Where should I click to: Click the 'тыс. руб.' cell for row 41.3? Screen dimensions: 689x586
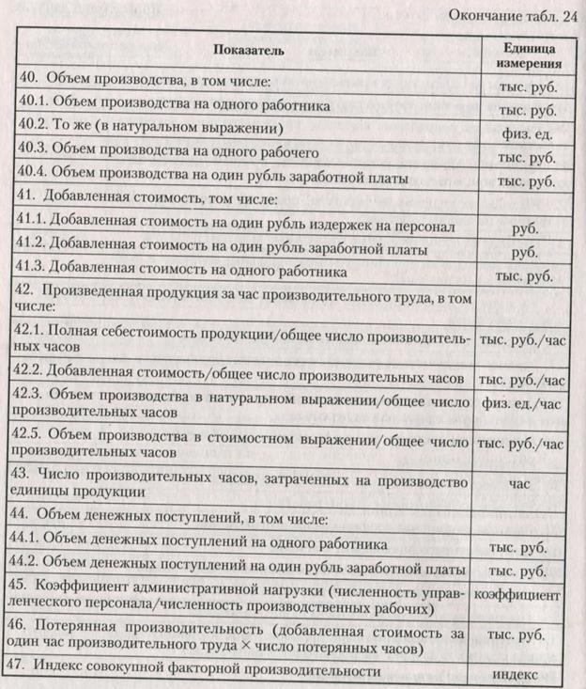(x=519, y=276)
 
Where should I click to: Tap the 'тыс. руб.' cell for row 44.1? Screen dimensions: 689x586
(x=520, y=545)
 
